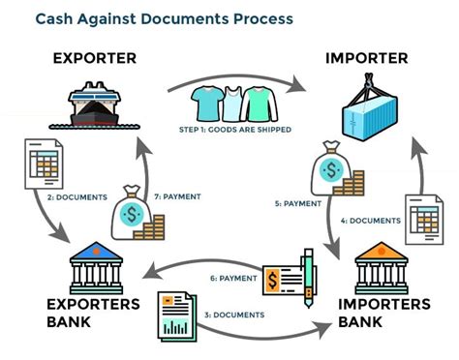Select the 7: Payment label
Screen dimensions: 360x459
pyautogui.click(x=181, y=196)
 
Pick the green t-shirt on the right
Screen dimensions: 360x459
pyautogui.click(x=257, y=100)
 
